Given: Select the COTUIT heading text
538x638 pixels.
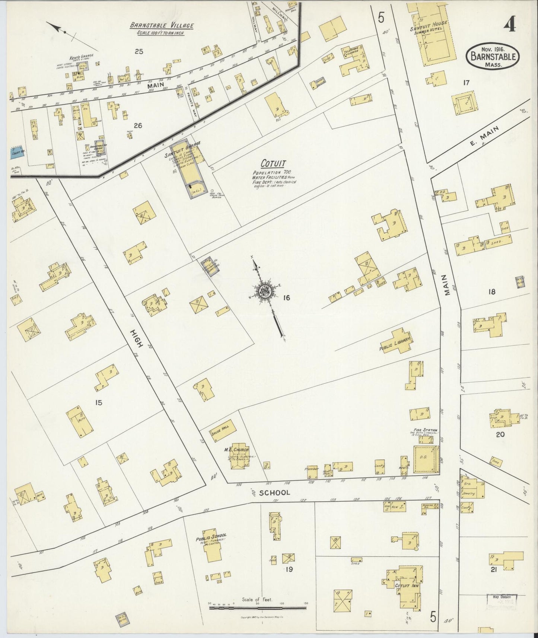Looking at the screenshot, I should point(273,163).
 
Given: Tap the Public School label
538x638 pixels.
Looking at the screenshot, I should point(211,539).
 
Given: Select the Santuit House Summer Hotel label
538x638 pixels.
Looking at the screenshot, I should point(433,27).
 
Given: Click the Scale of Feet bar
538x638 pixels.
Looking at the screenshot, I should point(258,607).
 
